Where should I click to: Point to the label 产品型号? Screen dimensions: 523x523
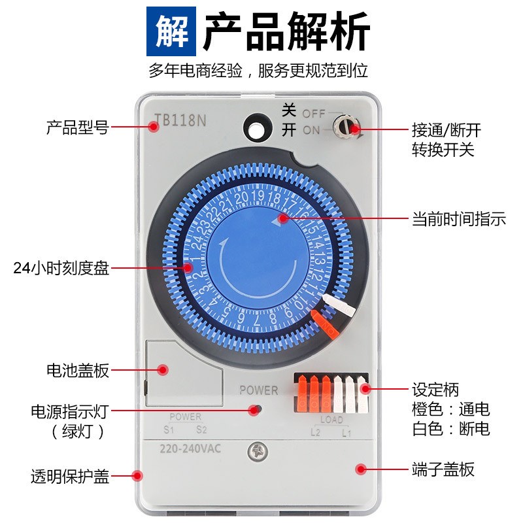click(76, 127)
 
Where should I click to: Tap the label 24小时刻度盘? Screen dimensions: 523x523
click(61, 268)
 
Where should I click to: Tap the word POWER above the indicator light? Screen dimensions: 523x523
click(258, 390)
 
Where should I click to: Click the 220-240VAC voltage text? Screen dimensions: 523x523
click(189, 448)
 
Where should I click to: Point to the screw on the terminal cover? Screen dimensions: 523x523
click(256, 450)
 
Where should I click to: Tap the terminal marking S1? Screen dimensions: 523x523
click(169, 430)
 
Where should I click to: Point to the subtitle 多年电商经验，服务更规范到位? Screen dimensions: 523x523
click(258, 71)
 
